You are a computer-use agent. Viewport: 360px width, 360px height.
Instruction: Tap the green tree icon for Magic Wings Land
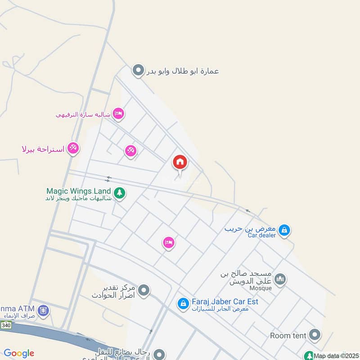(x=119, y=193)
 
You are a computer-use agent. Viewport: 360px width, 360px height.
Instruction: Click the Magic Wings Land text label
(x=78, y=191)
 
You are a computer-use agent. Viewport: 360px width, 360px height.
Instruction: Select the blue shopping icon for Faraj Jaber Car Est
(x=183, y=304)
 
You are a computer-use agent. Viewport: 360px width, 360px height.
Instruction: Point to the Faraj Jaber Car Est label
(x=225, y=301)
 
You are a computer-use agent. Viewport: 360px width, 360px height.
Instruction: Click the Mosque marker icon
(x=280, y=279)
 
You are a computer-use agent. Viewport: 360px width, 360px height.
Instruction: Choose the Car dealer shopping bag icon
(x=284, y=230)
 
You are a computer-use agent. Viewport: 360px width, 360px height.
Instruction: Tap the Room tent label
(x=288, y=335)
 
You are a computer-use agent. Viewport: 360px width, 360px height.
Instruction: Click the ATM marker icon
(x=43, y=310)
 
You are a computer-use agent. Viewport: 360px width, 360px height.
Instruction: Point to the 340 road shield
(x=6, y=325)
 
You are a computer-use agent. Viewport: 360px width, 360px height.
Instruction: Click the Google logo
(x=19, y=353)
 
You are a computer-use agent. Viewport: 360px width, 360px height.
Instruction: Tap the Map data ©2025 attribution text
(x=336, y=356)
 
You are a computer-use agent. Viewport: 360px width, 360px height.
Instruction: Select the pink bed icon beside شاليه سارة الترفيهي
(x=118, y=113)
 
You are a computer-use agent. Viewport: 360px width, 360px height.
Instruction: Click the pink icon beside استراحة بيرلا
(x=73, y=148)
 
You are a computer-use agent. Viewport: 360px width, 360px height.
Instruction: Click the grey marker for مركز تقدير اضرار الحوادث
(x=144, y=291)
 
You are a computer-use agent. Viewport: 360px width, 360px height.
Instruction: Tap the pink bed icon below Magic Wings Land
(x=169, y=243)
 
